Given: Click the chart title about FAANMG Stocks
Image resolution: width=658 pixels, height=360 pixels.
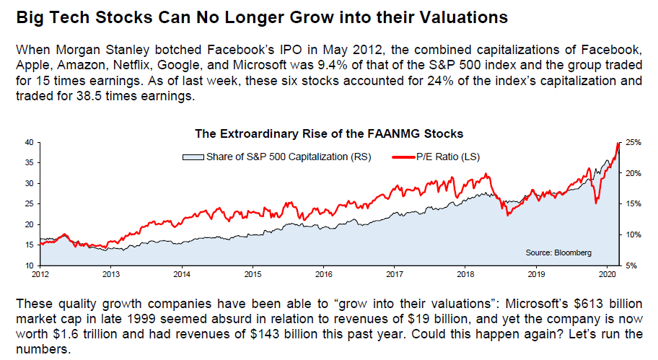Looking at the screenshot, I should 329,133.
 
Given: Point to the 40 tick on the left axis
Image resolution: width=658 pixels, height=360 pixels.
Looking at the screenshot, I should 30,142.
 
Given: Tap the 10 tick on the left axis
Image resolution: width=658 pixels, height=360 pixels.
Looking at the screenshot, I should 30,266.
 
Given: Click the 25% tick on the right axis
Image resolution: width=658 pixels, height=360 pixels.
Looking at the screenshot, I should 633,142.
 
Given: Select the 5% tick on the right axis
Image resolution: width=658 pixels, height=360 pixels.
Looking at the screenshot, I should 631,266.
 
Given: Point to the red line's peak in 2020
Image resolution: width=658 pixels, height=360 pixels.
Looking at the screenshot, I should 618,144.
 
